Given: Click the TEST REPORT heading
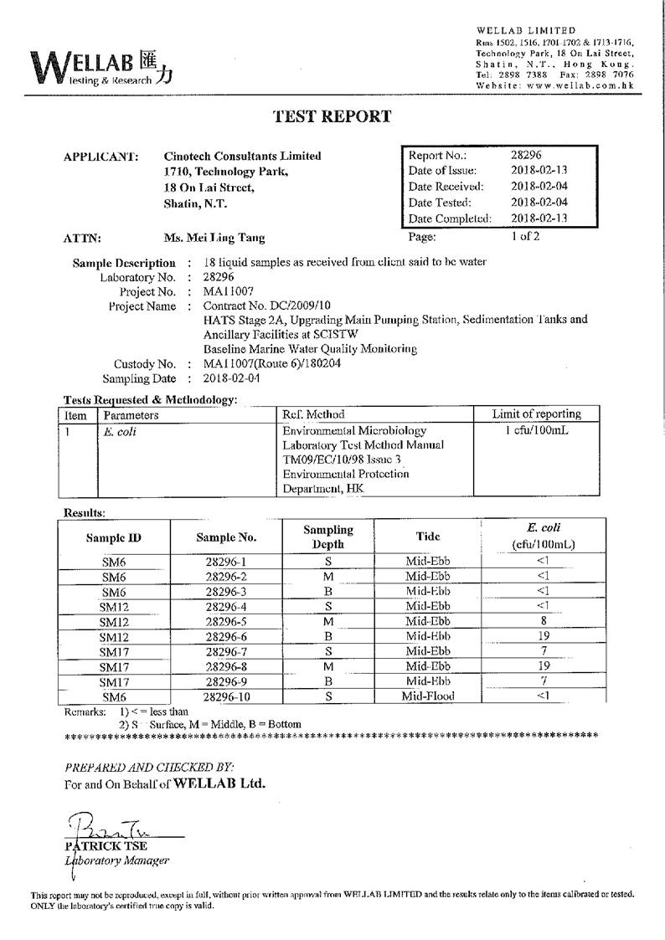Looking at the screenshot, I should (332, 116).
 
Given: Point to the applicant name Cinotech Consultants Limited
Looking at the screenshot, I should (242, 156).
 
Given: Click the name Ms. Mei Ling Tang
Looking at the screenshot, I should (214, 238).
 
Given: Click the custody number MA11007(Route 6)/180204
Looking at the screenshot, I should (272, 364).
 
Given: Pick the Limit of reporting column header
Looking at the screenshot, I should (537, 414).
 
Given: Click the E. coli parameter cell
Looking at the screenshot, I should (120, 432).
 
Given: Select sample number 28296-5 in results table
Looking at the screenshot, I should (225, 621).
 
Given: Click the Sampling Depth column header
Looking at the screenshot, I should (327, 537).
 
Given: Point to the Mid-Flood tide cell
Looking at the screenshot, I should (427, 696).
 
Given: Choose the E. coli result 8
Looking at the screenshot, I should (544, 621).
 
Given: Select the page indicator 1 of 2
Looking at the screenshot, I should (525, 236).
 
